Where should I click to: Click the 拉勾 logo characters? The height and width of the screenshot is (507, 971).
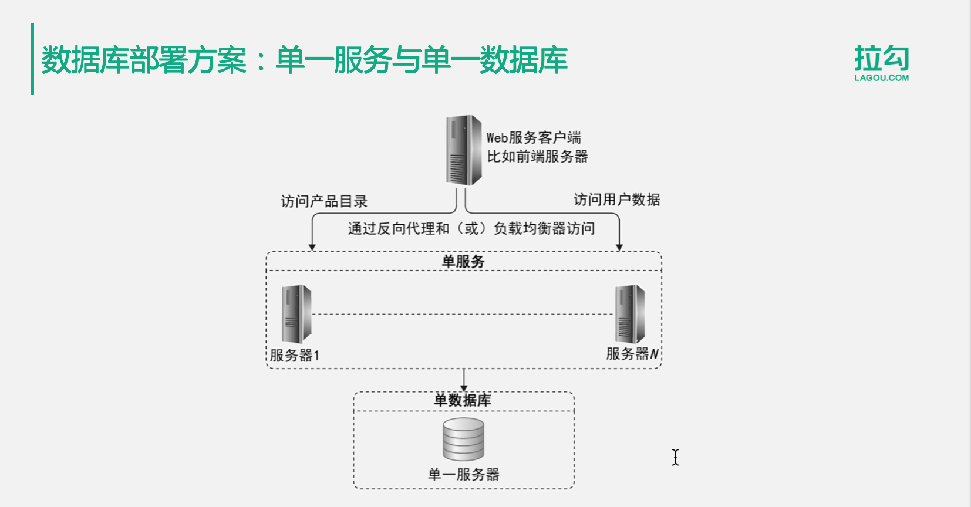point(881,58)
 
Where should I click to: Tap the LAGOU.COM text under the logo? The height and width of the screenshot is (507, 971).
point(881,77)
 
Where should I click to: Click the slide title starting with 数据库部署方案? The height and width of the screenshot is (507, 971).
point(304,60)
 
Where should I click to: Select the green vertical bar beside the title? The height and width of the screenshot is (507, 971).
point(32,59)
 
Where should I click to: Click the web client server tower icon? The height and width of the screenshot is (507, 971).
point(463,150)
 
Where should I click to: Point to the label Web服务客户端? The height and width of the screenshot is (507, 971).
point(533,138)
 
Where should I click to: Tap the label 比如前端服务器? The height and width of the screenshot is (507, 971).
point(537,157)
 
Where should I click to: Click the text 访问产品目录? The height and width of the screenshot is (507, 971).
point(324,202)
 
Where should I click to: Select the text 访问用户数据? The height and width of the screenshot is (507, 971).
point(616,200)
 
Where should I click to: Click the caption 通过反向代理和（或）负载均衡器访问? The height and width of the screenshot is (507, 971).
point(471,228)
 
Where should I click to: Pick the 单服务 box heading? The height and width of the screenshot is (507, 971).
point(463,262)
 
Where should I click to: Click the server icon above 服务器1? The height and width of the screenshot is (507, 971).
point(296,314)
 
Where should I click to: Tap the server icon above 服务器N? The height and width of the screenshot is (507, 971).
point(629,314)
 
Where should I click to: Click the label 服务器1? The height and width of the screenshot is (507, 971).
point(294,356)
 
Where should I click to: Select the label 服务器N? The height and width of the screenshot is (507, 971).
point(632,354)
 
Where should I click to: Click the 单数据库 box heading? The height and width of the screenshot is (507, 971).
point(463,401)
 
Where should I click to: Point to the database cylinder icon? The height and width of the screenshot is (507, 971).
point(463,439)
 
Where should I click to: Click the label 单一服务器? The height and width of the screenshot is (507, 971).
point(463,474)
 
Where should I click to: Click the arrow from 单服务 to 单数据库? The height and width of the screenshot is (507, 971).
point(464,380)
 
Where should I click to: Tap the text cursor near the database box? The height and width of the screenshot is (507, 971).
point(676,457)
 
